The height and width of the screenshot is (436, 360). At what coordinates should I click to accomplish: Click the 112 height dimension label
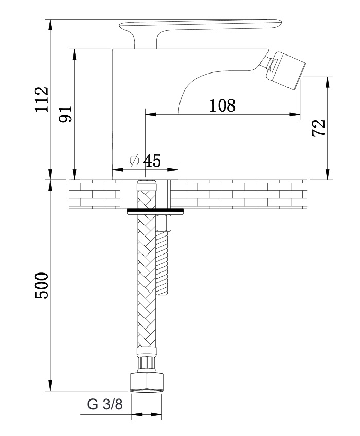coord(42,99)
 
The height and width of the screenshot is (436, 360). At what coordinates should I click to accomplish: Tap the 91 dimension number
coord(66,114)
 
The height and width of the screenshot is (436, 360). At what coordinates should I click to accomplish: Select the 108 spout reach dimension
coord(222,105)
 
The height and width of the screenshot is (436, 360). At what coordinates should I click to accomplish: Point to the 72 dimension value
coord(318,128)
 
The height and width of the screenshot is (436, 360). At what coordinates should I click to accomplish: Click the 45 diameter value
coord(152,161)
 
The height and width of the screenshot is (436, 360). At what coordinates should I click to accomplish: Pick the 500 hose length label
coord(42,285)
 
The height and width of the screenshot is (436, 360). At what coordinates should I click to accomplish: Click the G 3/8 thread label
coord(105,404)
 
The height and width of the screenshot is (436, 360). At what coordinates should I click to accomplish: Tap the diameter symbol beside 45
coord(134,160)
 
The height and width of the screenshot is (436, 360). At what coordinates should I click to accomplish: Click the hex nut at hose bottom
coord(147,383)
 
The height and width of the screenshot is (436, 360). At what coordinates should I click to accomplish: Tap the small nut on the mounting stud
coord(164,223)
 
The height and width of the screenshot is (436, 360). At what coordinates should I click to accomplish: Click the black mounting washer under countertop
coord(155,211)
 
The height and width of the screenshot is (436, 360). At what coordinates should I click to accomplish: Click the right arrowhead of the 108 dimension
coord(295,114)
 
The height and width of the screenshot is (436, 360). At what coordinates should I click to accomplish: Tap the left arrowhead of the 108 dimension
coord(151,114)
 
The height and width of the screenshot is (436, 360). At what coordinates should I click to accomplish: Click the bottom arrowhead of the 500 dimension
coord(50,385)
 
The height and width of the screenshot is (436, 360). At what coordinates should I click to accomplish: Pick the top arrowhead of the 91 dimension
coord(74,55)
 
